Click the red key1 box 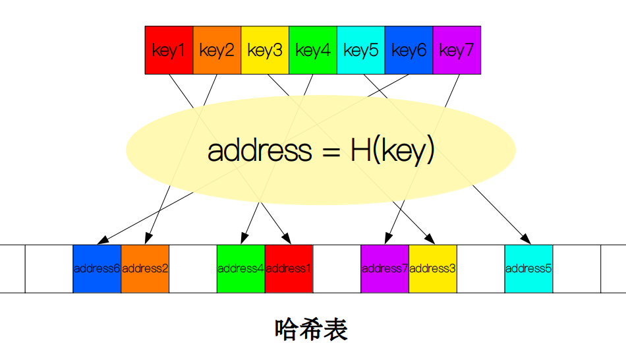pos(169,50)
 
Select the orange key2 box pos(217,50)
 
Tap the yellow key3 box pos(265,50)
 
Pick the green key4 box pos(313,50)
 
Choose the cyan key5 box pos(360,50)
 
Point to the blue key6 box pos(409,50)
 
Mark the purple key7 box pos(457,50)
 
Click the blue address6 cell pos(97,268)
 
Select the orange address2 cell pos(145,268)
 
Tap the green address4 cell pos(241,268)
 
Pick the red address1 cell pos(289,268)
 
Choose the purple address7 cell pos(385,268)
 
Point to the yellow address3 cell pos(433,268)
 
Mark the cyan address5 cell pos(528,268)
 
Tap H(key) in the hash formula pos(392,151)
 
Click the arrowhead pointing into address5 pos(526,239)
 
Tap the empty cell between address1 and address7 pos(337,268)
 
